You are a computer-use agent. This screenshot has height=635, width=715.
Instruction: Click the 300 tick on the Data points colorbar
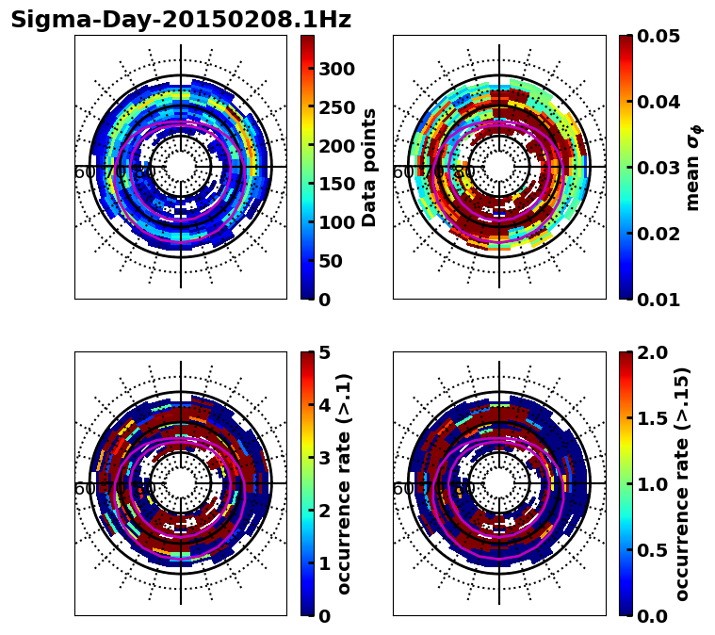[336, 69]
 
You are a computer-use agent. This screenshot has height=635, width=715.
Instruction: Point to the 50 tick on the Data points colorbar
[331, 261]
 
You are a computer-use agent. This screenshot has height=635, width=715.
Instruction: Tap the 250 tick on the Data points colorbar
[336, 107]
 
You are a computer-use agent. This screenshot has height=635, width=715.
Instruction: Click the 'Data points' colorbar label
[369, 167]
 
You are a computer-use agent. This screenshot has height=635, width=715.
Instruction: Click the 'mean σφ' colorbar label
[693, 168]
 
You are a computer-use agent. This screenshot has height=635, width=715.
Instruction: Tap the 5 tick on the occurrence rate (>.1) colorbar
[325, 352]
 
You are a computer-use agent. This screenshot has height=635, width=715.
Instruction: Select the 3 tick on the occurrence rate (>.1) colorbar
[325, 458]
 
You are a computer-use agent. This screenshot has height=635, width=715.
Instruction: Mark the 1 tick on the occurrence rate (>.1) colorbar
[325, 563]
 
